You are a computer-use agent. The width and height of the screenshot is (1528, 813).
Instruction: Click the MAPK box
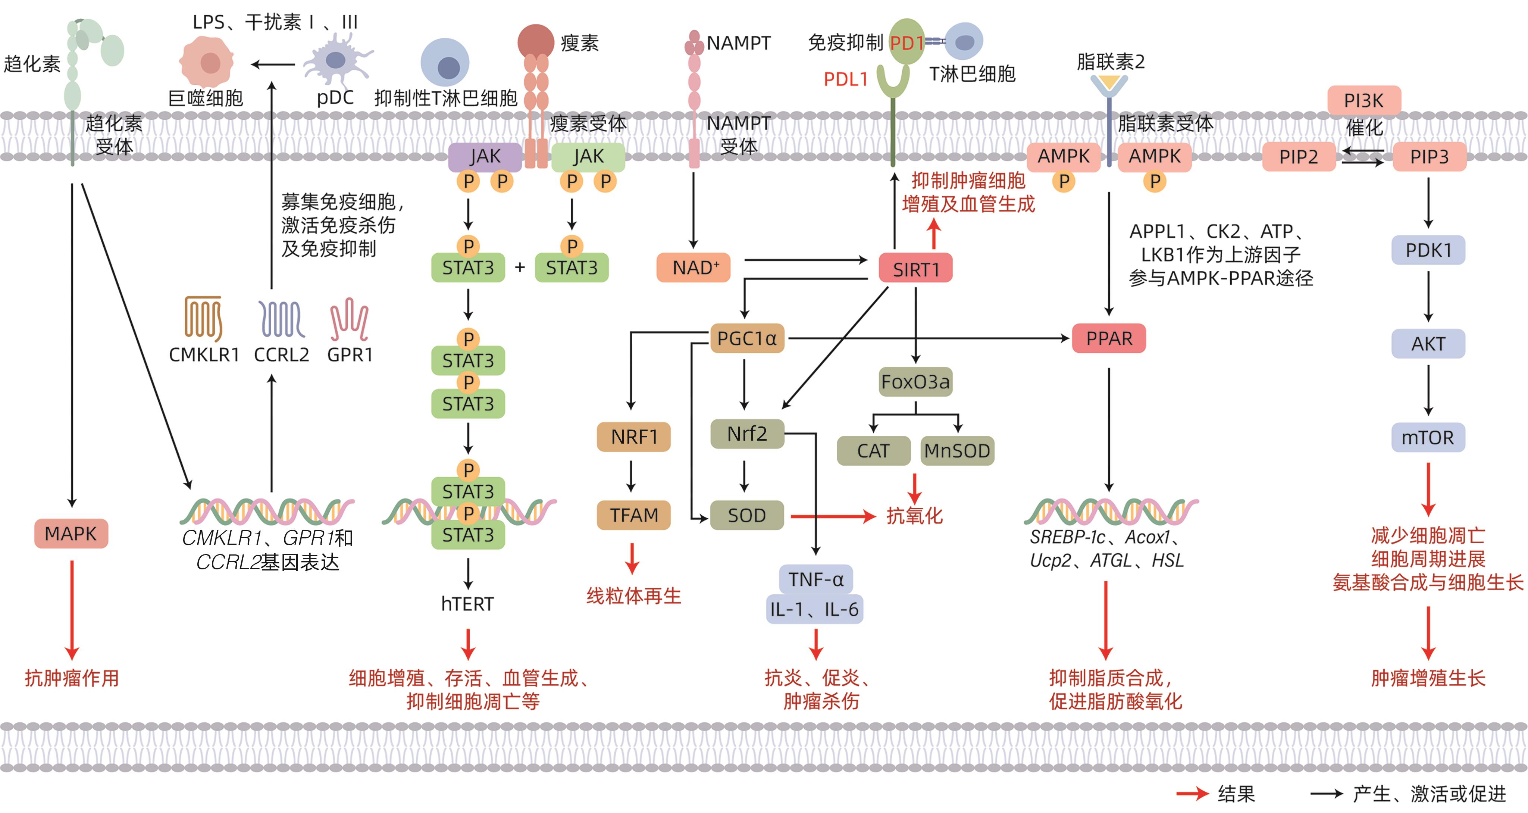[71, 534]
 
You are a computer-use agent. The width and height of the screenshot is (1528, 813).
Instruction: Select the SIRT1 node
[915, 269]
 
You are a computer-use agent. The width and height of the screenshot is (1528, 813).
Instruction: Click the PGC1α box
[747, 338]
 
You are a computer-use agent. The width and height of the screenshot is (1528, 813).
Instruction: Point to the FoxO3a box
[915, 382]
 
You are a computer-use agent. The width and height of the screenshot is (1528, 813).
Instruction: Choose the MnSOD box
[957, 451]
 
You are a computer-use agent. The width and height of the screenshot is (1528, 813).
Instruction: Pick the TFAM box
[633, 515]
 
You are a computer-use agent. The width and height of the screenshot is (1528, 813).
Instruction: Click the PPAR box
[1109, 338]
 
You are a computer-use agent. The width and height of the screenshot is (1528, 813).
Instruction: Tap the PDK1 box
[1428, 250]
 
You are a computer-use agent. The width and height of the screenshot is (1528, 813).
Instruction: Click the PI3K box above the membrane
[1364, 100]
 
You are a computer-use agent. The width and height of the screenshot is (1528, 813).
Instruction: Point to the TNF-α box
[815, 579]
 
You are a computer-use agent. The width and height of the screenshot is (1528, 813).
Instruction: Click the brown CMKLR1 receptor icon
[203, 318]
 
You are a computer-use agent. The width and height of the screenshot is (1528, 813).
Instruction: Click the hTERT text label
[467, 604]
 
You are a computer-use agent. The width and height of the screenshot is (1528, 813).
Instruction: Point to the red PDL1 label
[845, 79]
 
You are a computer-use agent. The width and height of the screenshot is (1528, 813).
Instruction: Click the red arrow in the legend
[1192, 794]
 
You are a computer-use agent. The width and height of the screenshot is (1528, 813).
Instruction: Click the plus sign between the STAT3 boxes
[520, 267]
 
